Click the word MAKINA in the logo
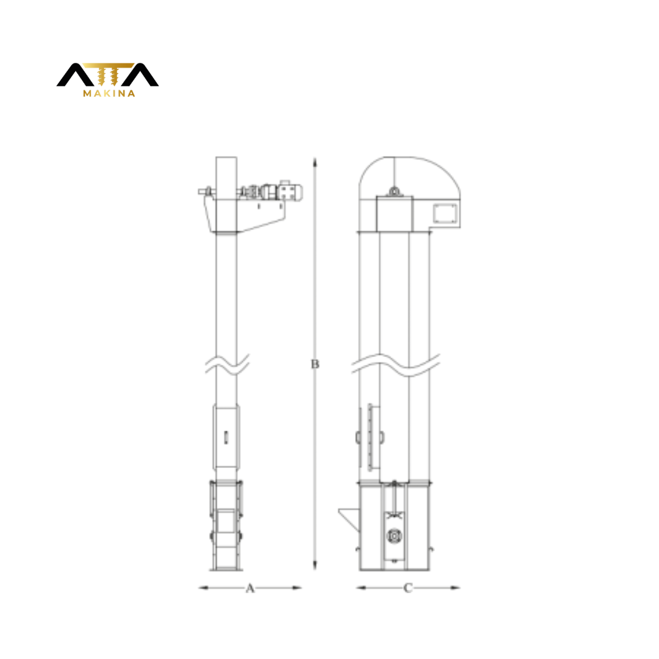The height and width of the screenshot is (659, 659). [109, 93]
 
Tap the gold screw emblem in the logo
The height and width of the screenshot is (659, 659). [108, 74]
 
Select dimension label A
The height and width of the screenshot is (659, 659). [250, 588]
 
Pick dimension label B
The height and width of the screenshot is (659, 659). [315, 364]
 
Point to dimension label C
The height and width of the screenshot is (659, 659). [408, 588]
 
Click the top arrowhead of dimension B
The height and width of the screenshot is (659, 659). [315, 162]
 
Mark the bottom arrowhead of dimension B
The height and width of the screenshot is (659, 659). [315, 565]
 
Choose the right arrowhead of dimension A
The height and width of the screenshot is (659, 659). [297, 588]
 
